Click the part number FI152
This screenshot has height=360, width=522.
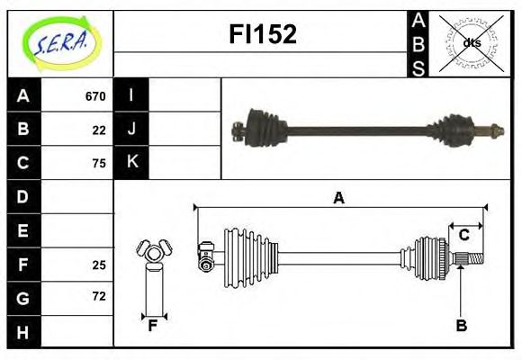261,34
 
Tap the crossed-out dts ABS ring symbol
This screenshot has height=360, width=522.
471,43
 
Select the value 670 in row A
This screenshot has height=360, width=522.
95,96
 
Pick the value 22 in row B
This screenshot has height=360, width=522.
99,130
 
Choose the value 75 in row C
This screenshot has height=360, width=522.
99,163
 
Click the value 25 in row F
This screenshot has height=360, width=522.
99,264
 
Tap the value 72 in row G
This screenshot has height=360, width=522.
99,296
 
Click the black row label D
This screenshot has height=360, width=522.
22,196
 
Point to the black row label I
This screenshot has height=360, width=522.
131,95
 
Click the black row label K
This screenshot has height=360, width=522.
131,162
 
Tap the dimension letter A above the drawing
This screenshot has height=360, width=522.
338,198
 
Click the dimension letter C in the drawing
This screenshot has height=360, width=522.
463,235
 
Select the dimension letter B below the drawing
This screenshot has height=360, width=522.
461,326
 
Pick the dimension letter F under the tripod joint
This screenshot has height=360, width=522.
153,326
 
